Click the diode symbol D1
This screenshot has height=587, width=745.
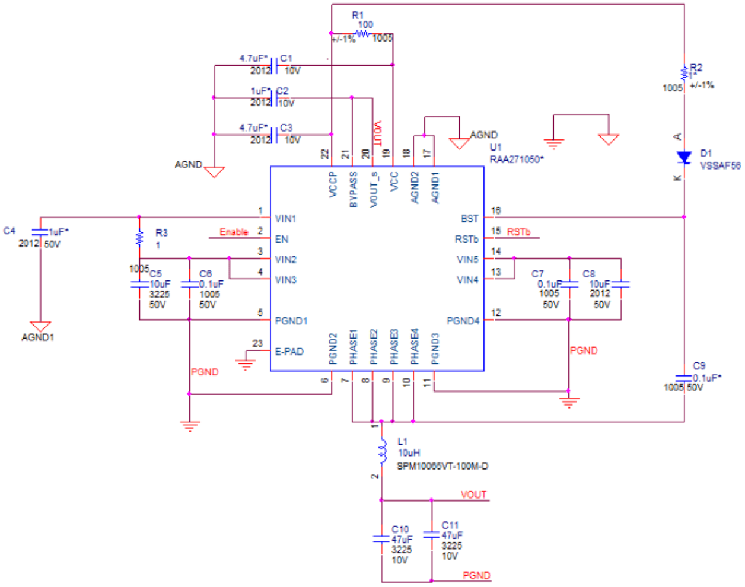click(x=684, y=157)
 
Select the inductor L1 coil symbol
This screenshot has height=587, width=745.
click(x=382, y=452)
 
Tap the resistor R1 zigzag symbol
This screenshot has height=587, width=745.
click(x=362, y=34)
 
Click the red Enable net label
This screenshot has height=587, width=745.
click(x=234, y=232)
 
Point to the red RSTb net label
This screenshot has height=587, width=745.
click(x=518, y=232)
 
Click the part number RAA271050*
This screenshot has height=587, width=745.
click(x=516, y=159)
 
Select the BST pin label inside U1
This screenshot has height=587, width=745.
click(x=469, y=219)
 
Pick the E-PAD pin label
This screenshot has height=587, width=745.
click(x=289, y=351)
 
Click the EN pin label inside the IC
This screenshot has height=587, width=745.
click(x=282, y=239)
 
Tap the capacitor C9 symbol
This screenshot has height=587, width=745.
click(x=684, y=378)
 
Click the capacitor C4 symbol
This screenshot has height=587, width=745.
click(x=40, y=232)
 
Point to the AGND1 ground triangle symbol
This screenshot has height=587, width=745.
click(x=40, y=326)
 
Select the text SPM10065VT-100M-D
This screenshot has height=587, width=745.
click(x=442, y=466)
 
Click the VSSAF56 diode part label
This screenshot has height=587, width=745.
click(x=720, y=165)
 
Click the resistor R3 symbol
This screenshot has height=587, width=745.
click(x=139, y=238)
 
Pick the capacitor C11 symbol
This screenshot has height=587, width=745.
click(x=431, y=535)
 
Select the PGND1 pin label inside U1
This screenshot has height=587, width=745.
click(x=291, y=321)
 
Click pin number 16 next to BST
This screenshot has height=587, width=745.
click(x=496, y=210)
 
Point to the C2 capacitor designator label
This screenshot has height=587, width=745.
click(x=282, y=91)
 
